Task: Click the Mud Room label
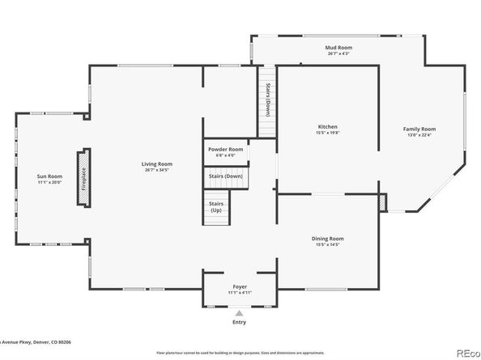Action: tap(338, 48)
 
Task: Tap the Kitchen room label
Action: tap(327, 127)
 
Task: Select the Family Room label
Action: tap(419, 129)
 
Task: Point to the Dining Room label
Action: tap(327, 238)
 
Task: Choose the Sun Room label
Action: tap(49, 176)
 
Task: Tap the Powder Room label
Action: tap(225, 149)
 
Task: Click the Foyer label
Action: tap(240, 286)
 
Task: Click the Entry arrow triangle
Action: tap(239, 312)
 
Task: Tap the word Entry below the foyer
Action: tap(239, 322)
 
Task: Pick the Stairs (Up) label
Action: tap(216, 206)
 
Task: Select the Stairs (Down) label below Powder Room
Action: tap(225, 176)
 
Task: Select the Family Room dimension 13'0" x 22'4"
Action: tap(419, 136)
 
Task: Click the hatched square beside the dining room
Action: tap(385, 202)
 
